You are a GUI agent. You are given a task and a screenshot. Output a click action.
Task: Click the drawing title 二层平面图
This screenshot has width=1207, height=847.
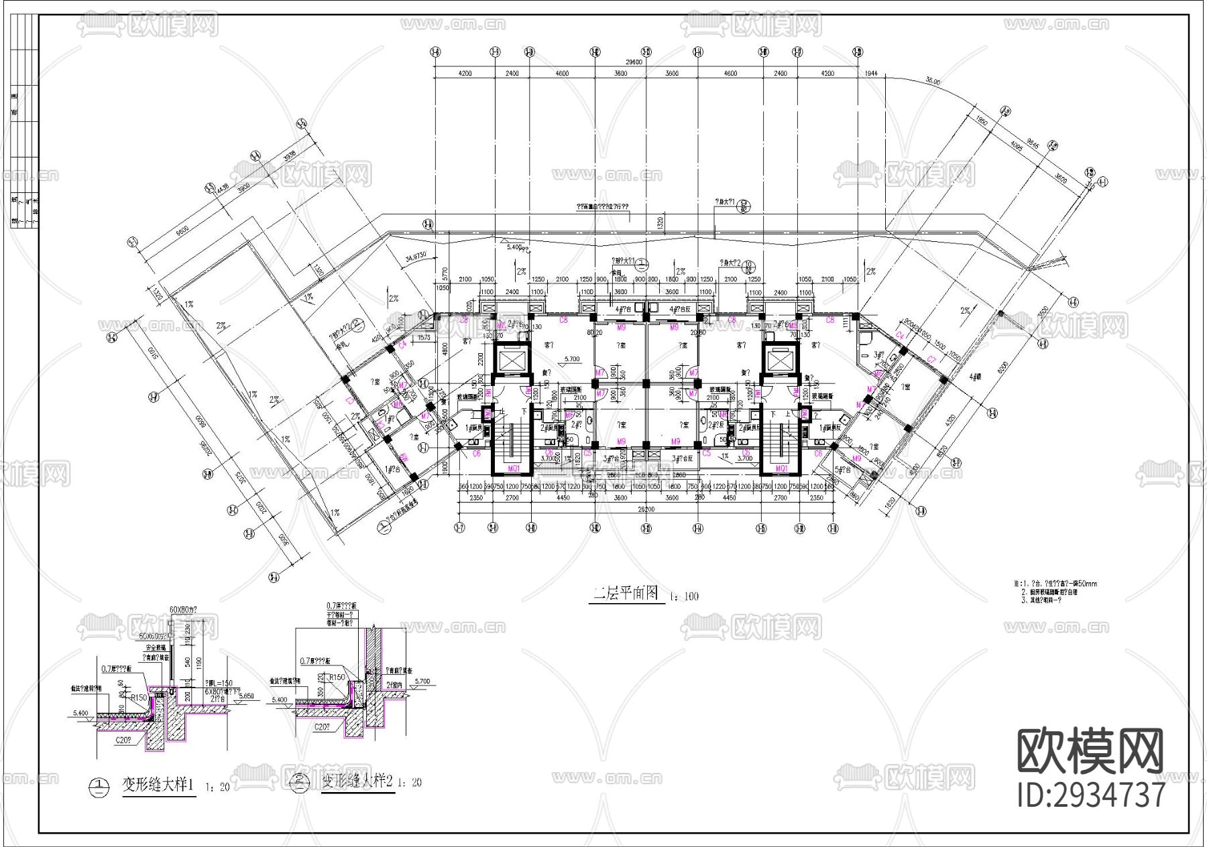tap(626, 594)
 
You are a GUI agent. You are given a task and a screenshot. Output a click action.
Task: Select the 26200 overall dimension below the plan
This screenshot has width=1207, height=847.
tap(646, 509)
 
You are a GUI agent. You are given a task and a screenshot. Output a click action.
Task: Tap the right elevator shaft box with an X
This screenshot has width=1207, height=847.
tap(781, 362)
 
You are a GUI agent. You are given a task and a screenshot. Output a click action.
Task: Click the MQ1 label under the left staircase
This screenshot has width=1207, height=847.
tap(514, 468)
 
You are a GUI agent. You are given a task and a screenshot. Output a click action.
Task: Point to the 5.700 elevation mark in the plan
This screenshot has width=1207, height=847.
tap(572, 359)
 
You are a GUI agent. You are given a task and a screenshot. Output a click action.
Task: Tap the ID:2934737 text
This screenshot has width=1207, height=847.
tap(1091, 795)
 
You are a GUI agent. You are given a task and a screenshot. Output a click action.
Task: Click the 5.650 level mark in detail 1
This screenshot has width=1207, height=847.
tap(247, 696)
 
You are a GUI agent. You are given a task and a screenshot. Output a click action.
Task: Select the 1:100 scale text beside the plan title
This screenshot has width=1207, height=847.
tap(683, 596)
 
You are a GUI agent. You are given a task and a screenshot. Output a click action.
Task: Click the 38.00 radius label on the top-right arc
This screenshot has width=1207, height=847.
tap(933, 81)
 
